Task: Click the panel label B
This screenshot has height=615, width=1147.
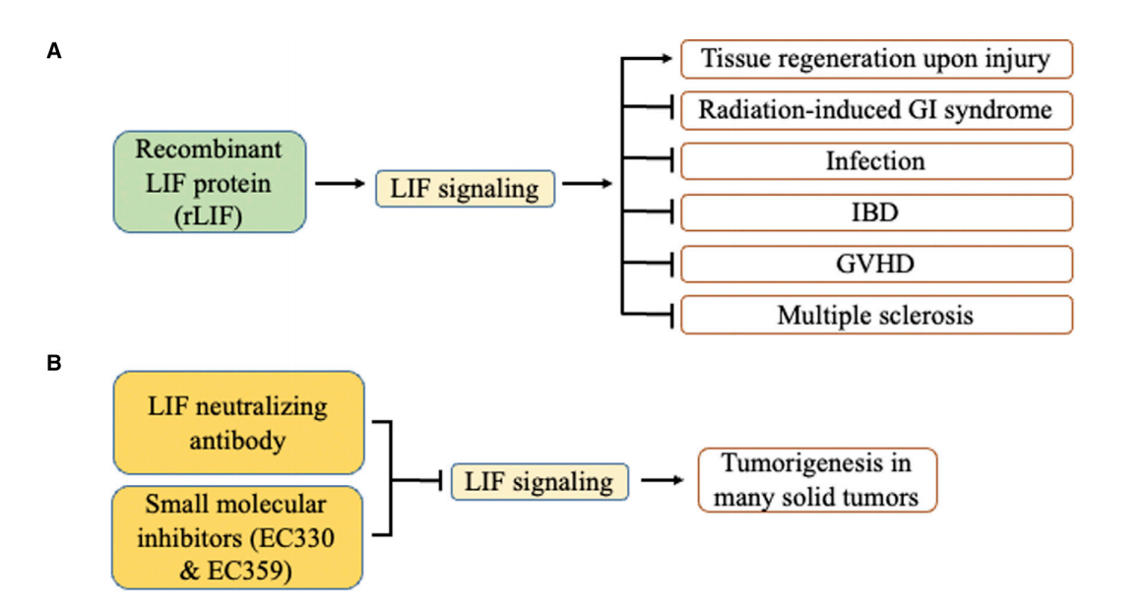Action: (x=54, y=363)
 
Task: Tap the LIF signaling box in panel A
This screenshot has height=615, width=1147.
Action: (x=466, y=188)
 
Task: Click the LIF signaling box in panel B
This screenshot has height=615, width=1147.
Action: (x=540, y=482)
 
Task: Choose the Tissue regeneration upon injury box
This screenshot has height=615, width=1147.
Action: (x=875, y=59)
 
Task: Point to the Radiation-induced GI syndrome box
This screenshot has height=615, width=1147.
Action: (x=875, y=109)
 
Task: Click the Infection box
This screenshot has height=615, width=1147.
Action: (x=875, y=160)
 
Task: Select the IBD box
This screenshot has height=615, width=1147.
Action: (x=875, y=212)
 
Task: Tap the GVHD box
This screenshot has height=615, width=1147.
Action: (x=875, y=263)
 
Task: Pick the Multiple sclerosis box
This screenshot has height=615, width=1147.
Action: (x=875, y=315)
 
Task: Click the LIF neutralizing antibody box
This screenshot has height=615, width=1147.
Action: (x=239, y=422)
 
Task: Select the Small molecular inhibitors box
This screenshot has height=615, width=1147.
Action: (x=239, y=535)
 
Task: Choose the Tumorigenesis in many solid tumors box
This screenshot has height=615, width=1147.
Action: (x=817, y=480)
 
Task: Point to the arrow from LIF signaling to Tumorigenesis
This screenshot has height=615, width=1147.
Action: (x=663, y=481)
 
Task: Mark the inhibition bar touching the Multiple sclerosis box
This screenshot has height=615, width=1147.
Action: (x=671, y=315)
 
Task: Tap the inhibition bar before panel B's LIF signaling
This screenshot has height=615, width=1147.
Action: (x=440, y=481)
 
